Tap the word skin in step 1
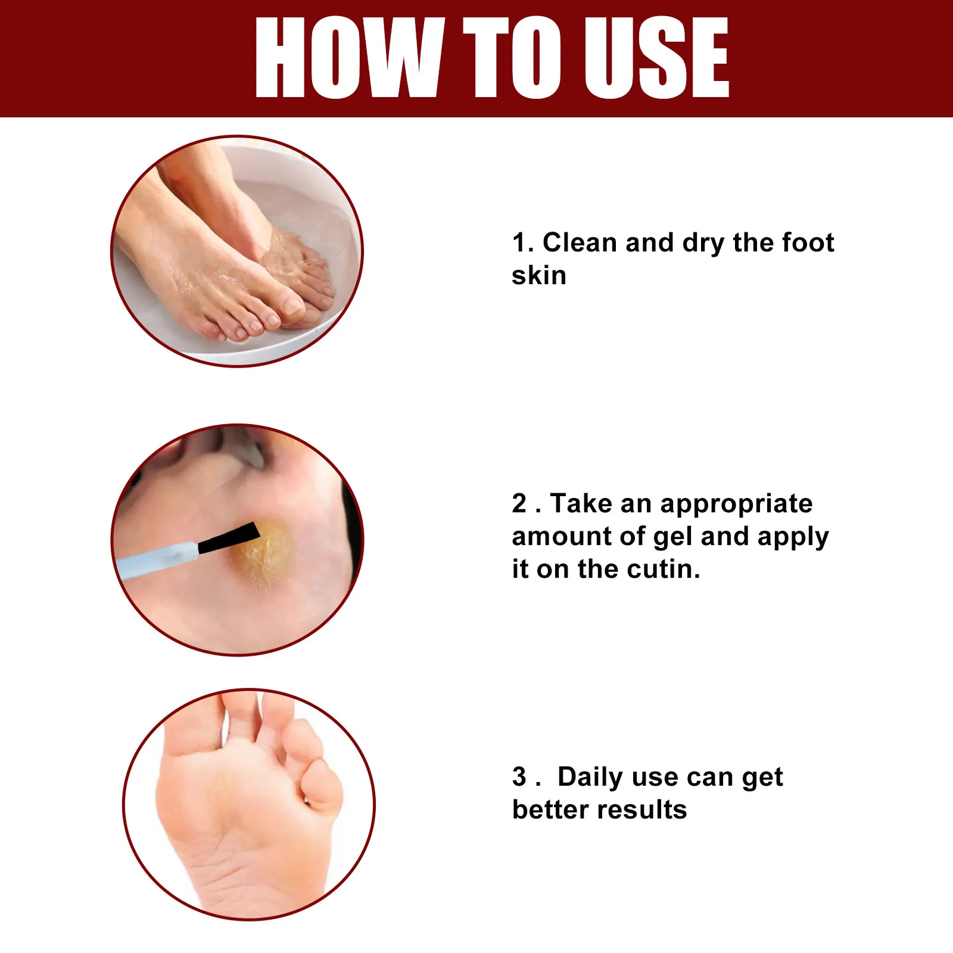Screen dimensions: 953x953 click(538, 276)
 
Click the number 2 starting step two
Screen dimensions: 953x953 click(519, 504)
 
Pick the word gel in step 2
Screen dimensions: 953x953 click(672, 538)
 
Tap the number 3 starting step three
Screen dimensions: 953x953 click(519, 777)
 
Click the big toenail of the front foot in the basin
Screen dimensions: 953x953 click(292, 306)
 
